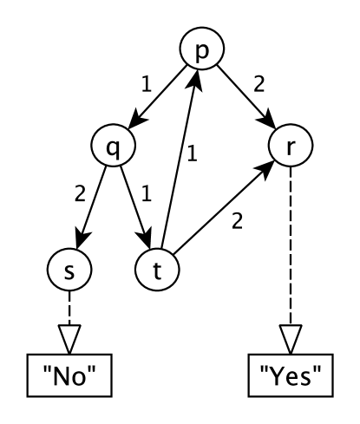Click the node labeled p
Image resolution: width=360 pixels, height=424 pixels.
[200, 51]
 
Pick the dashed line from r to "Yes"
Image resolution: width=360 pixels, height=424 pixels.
[288, 260]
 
